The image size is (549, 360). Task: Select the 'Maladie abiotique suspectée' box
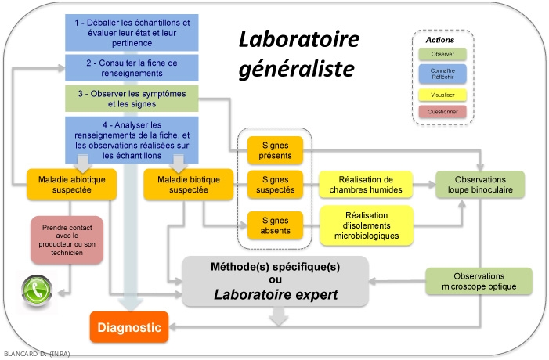pyautogui.click(x=72, y=183)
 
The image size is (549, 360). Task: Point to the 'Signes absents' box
pyautogui.click(x=274, y=225)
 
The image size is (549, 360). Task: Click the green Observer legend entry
pyautogui.click(x=443, y=54)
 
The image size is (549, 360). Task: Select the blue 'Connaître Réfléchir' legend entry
pyautogui.click(x=443, y=74)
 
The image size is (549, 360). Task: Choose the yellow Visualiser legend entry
pyautogui.click(x=443, y=94)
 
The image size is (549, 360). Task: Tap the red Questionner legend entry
pyautogui.click(x=443, y=111)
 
